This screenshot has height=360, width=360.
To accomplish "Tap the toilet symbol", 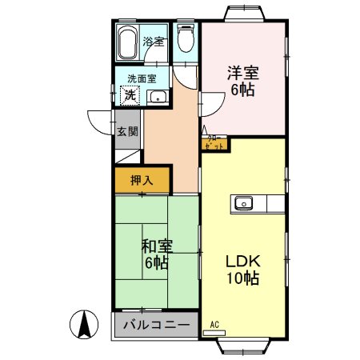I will (x=185, y=39).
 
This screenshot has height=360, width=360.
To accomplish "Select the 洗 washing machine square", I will (x=129, y=95).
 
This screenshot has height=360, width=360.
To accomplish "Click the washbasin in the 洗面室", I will (x=158, y=98).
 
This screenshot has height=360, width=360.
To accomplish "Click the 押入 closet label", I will (x=142, y=181).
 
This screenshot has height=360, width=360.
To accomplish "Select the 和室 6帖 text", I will (x=156, y=254).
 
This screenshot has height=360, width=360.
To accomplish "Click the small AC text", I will (x=214, y=324).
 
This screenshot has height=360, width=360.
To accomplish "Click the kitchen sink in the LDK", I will (x=244, y=203).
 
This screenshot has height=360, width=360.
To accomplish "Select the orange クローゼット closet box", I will (x=214, y=144).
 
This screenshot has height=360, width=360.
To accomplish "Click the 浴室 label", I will (x=153, y=40).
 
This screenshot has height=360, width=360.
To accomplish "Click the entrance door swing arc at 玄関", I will (x=98, y=124).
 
